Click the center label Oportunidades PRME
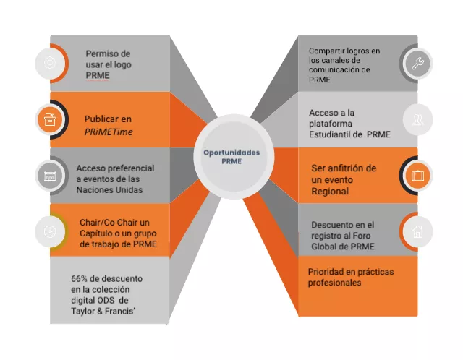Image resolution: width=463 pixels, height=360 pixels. (x=231, y=157)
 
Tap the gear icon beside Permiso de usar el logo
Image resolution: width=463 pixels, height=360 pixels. (x=49, y=63)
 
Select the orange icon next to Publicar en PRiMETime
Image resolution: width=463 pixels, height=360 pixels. (x=49, y=119)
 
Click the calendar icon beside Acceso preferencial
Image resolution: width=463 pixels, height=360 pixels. (x=49, y=175)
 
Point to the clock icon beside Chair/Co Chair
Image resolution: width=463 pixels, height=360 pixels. (x=49, y=231)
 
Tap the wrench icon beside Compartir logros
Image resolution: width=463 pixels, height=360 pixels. (x=417, y=64)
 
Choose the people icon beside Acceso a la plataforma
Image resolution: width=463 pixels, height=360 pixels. (x=417, y=119)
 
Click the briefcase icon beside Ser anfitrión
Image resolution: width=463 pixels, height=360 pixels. (x=417, y=175)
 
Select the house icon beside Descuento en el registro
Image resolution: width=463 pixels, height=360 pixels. (x=417, y=231)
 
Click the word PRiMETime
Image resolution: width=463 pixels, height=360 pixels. (x=109, y=132)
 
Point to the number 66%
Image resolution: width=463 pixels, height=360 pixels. (x=80, y=278)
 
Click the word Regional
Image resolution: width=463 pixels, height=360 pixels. (x=330, y=191)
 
